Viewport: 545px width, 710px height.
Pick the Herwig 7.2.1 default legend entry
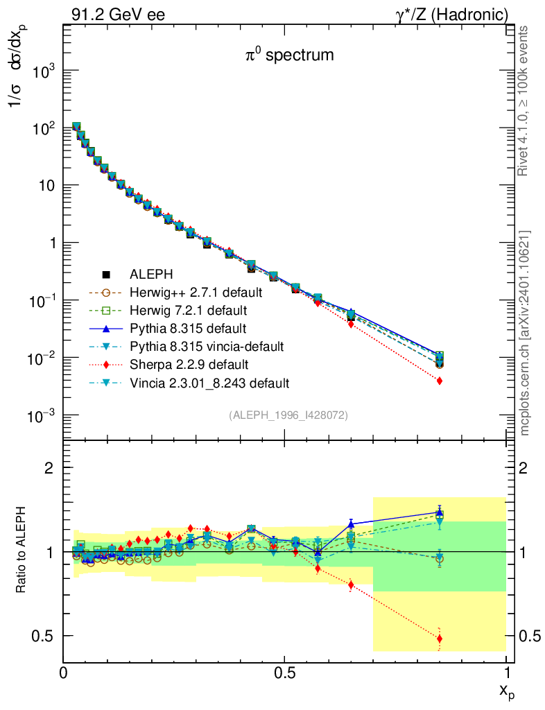(x=199, y=309)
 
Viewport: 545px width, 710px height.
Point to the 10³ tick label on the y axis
(x=42, y=72)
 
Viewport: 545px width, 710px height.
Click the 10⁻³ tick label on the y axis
(x=42, y=415)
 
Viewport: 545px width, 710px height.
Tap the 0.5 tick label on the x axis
(x=285, y=673)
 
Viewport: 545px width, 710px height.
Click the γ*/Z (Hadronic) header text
(x=458, y=14)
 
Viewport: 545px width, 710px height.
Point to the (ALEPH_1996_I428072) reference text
(x=288, y=415)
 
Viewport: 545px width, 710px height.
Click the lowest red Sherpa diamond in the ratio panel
(x=440, y=639)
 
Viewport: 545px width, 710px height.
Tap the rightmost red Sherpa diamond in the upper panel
(x=440, y=381)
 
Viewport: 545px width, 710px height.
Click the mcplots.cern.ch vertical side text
(x=525, y=333)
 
